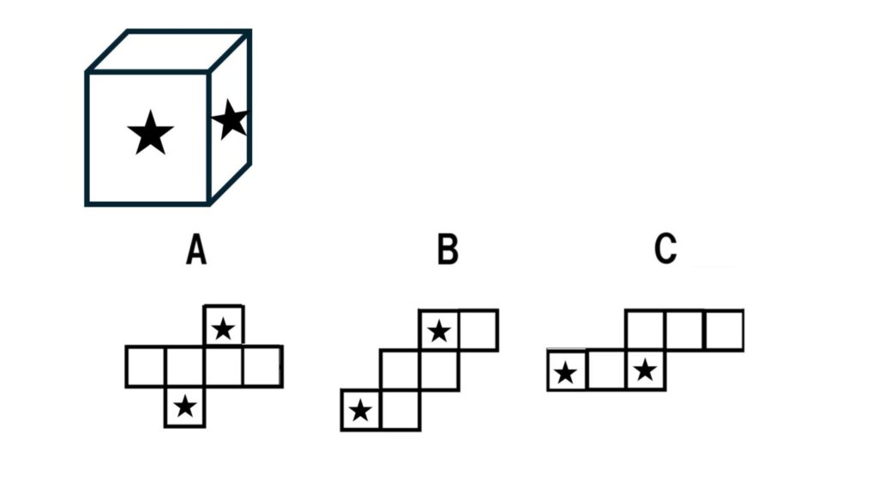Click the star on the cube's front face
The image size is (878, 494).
click(x=150, y=133)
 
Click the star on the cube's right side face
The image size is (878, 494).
click(x=230, y=119)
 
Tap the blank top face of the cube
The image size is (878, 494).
click(x=169, y=51)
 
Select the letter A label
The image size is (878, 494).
click(x=196, y=250)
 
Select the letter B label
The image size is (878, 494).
click(x=448, y=250)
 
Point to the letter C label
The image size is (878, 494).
click(x=665, y=249)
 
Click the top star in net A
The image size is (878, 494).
click(x=224, y=328)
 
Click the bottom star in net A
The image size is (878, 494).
click(x=185, y=407)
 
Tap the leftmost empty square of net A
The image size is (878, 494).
click(x=146, y=367)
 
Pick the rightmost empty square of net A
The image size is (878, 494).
click(x=262, y=367)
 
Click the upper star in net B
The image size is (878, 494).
click(x=439, y=332)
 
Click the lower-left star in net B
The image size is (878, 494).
click(x=360, y=411)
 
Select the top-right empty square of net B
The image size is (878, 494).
click(x=478, y=330)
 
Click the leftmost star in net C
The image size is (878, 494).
click(x=566, y=373)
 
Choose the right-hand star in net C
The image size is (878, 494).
click(x=645, y=370)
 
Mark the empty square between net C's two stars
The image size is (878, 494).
click(x=606, y=370)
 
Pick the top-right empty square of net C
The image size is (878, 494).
click(x=725, y=330)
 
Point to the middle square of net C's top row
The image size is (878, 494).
click(x=685, y=330)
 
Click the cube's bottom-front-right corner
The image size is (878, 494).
click(x=208, y=204)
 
